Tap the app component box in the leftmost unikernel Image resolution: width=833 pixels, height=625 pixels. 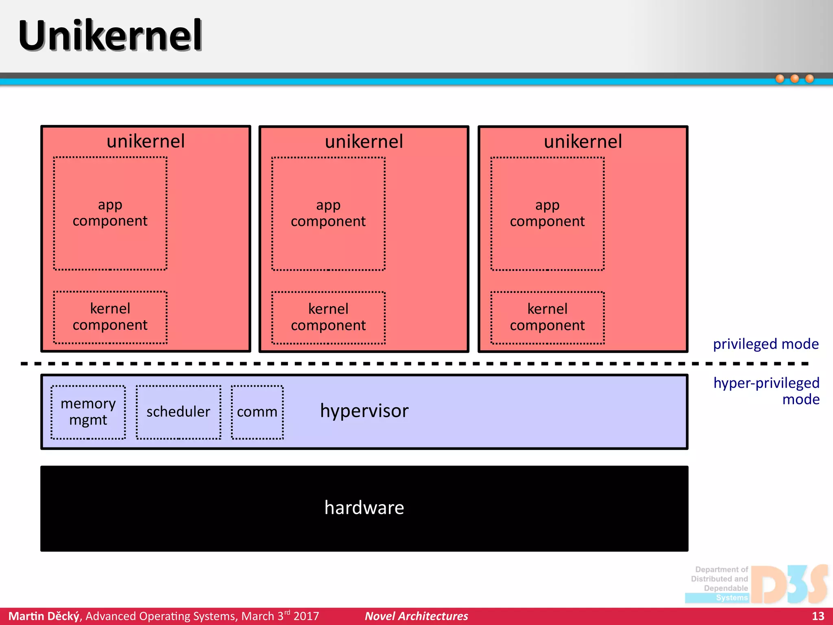point(110,213)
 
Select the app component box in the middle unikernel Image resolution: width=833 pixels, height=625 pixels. point(328,214)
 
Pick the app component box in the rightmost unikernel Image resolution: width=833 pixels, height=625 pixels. point(547,214)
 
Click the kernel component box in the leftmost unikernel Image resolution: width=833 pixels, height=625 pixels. point(110,317)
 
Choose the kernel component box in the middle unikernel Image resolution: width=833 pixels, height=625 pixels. point(328,317)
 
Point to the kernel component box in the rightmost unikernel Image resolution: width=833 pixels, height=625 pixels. point(547,317)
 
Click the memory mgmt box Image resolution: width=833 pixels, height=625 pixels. point(88,412)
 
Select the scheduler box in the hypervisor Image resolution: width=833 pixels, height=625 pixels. point(178,412)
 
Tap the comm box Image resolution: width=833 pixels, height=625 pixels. point(257,412)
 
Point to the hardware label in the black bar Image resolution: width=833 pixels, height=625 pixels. point(364,508)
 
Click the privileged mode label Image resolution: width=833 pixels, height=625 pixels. point(765,344)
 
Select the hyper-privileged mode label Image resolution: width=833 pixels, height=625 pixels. point(766,391)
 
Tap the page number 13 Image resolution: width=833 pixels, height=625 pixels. point(818,616)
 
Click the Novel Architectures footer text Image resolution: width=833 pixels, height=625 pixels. point(416,616)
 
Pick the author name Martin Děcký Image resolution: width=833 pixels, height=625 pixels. point(44,616)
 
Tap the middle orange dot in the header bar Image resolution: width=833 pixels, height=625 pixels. point(794,79)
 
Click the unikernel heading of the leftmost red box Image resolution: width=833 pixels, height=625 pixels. point(146,141)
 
